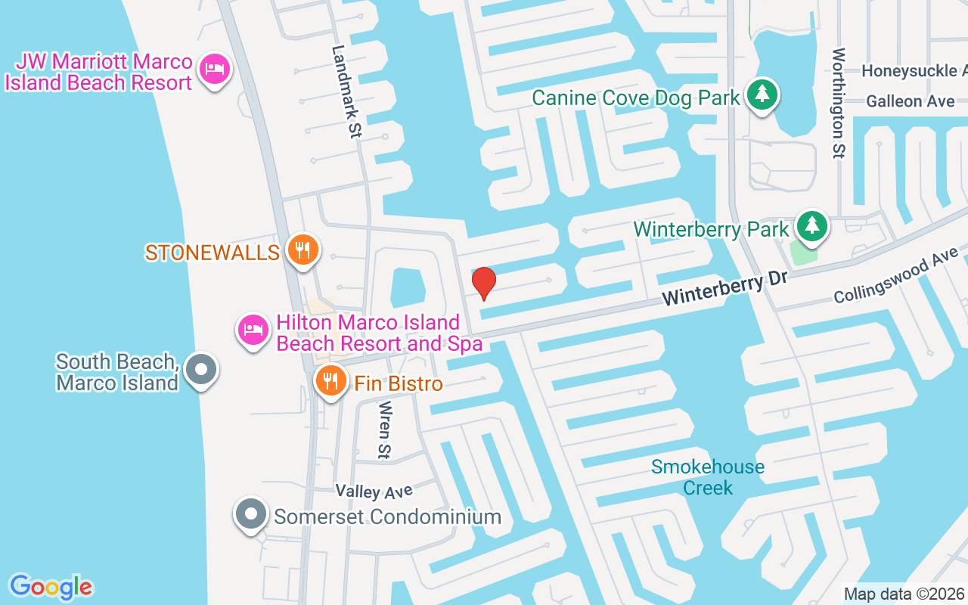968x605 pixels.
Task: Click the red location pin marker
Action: click(484, 283)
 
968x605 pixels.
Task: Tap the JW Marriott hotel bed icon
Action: click(215, 69)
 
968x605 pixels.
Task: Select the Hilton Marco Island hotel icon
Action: click(253, 329)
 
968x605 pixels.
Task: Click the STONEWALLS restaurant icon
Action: click(303, 250)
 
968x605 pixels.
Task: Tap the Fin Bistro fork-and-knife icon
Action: click(330, 381)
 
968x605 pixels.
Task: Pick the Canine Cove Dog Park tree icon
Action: click(762, 95)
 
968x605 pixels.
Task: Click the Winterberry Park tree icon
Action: click(812, 225)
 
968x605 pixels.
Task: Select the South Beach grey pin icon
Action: click(201, 370)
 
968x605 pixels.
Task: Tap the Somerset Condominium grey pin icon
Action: click(251, 514)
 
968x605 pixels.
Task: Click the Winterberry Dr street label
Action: click(724, 288)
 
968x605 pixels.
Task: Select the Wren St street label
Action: click(384, 430)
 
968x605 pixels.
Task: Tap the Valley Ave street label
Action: click(374, 492)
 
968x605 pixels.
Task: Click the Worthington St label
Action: click(838, 103)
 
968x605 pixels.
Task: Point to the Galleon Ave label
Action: click(911, 101)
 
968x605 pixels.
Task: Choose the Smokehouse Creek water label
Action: click(708, 477)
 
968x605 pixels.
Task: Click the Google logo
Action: click(51, 587)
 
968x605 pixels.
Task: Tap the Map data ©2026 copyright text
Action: click(904, 594)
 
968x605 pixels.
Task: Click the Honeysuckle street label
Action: click(914, 71)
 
